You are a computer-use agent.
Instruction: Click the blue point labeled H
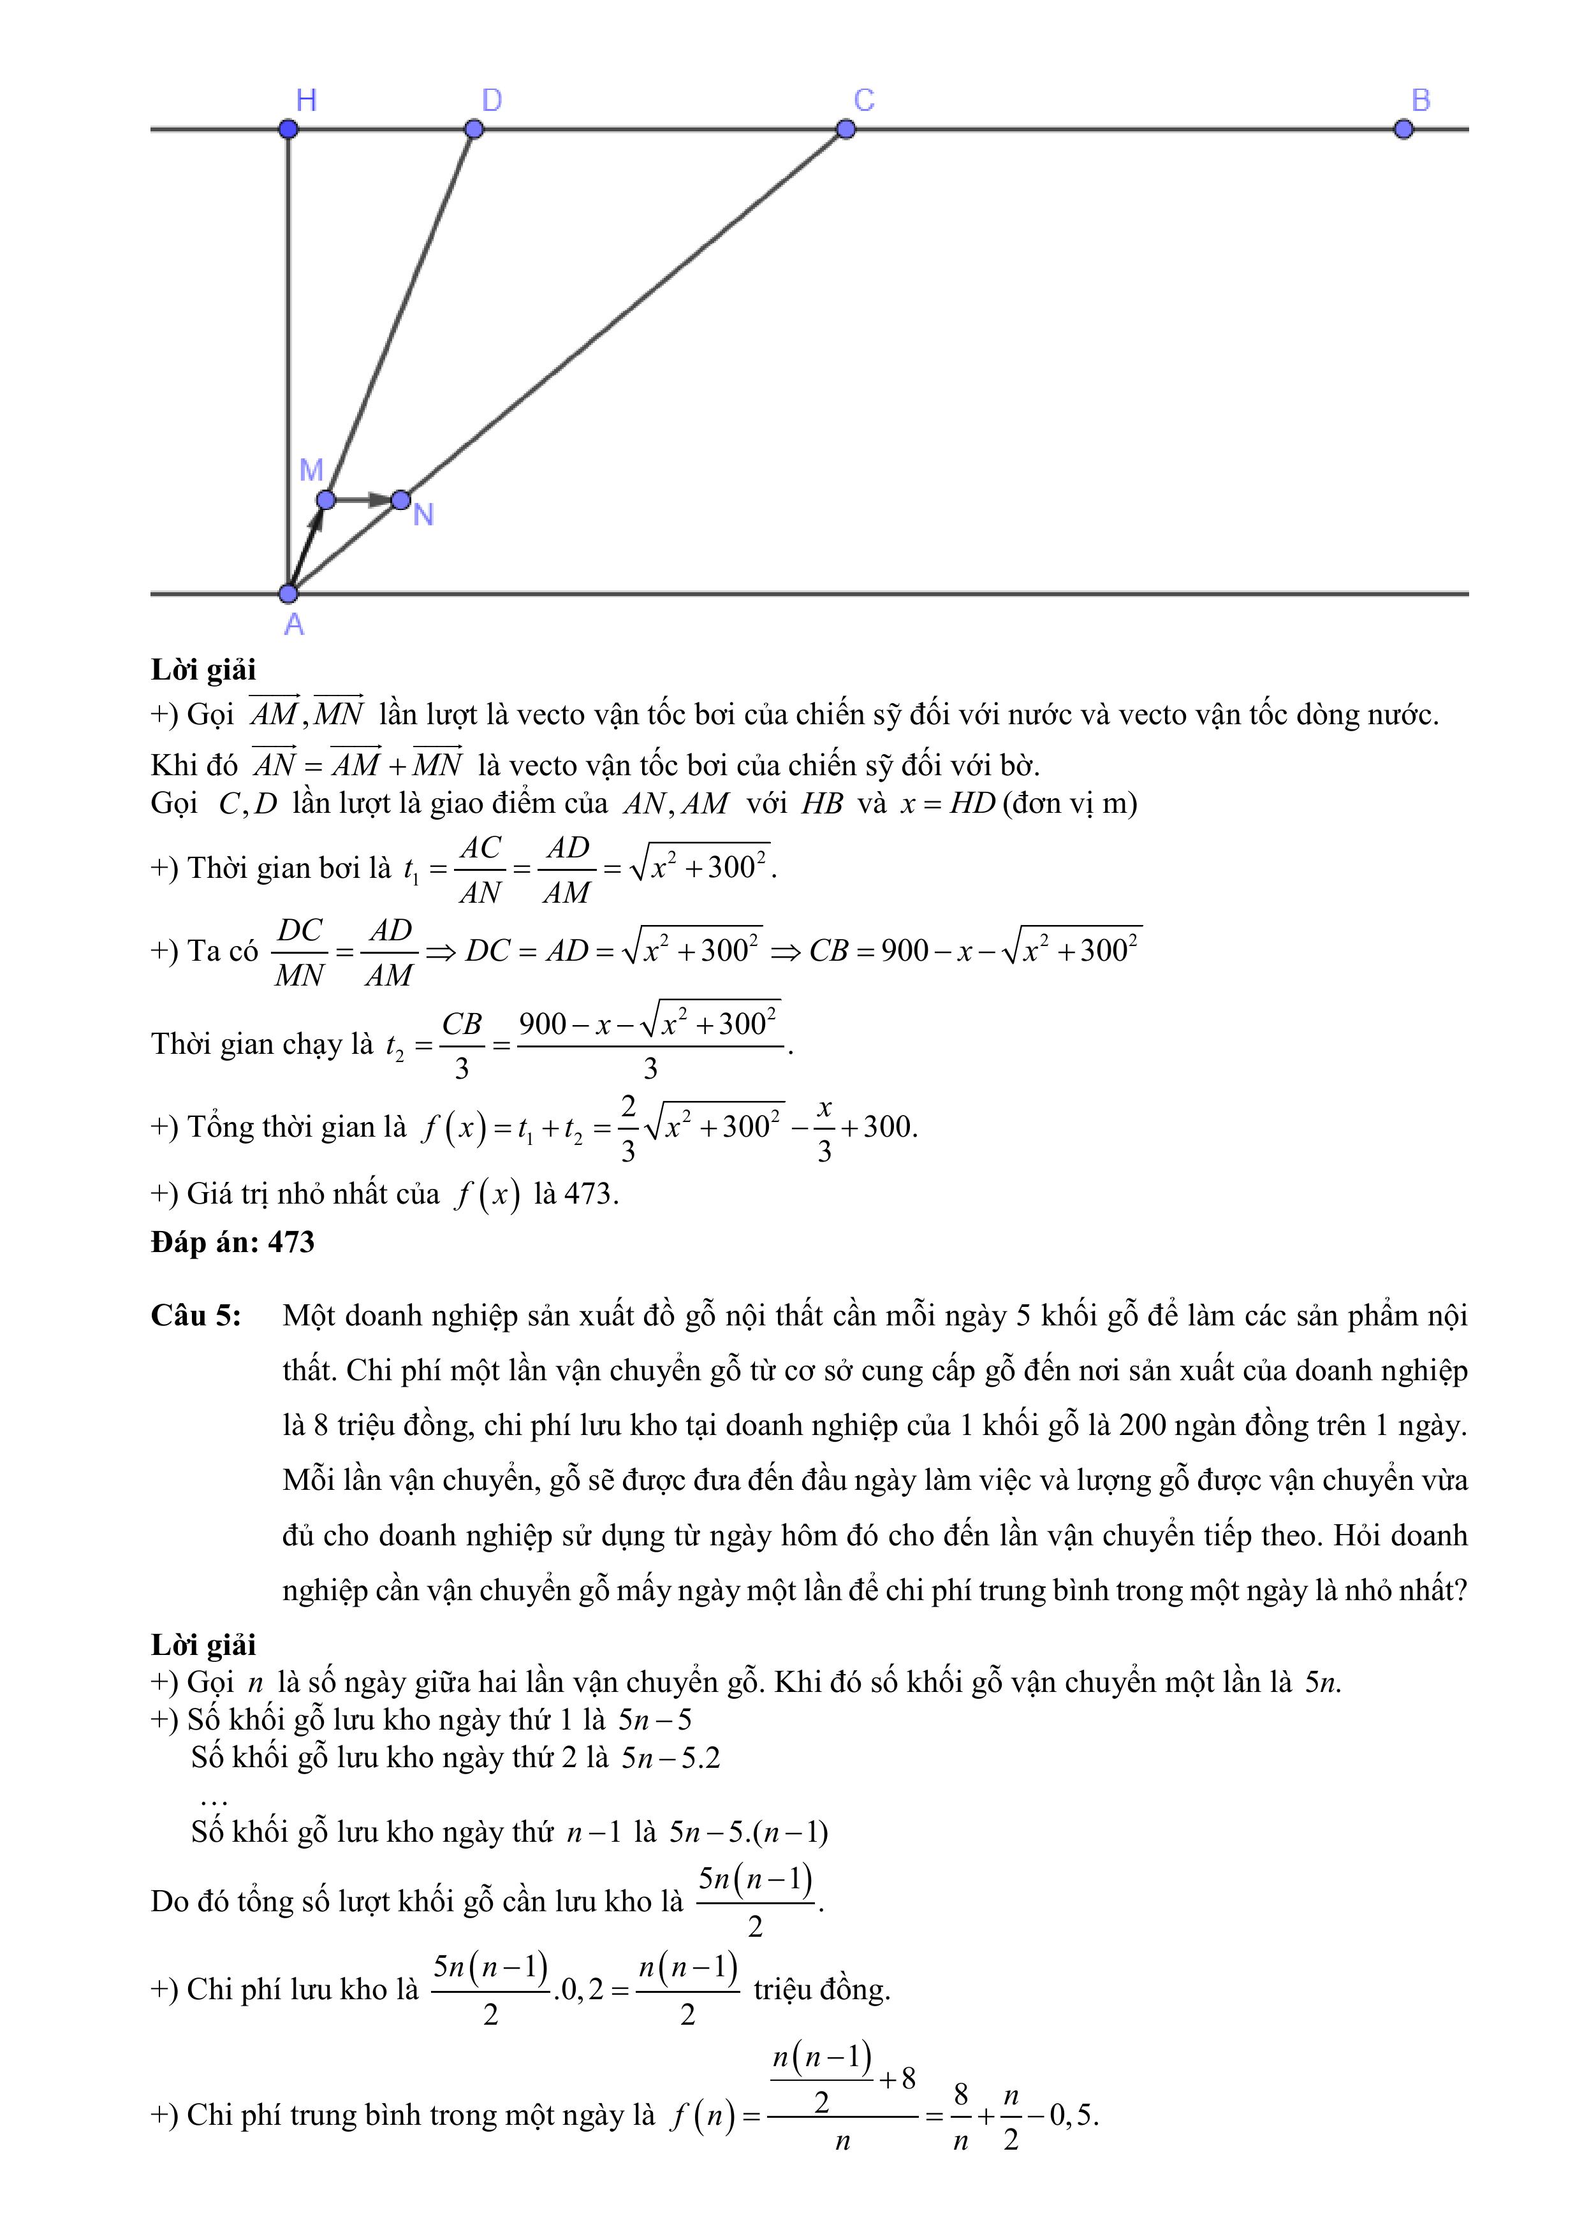coord(288,129)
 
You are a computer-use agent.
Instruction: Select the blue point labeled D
coord(474,129)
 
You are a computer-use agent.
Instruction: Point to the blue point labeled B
coord(1403,129)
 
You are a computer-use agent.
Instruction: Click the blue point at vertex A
coord(288,594)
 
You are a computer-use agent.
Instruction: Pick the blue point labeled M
coord(326,500)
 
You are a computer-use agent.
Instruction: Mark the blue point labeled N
coord(400,500)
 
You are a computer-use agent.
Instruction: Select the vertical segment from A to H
coord(288,360)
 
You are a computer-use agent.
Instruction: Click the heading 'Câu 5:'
coord(196,1316)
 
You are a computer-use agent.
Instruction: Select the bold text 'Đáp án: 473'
coord(233,1242)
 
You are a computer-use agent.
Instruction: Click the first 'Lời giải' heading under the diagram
coord(203,670)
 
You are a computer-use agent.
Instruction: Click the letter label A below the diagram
coord(293,625)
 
